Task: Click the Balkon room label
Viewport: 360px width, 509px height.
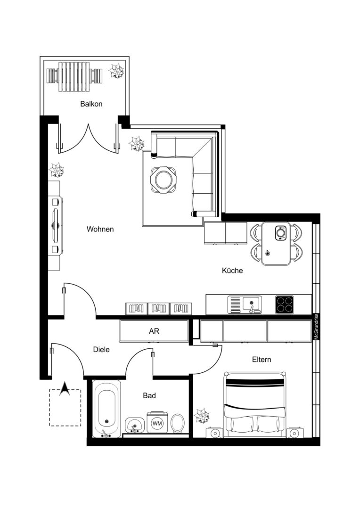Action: [91, 104]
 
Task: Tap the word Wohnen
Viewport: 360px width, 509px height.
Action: [100, 229]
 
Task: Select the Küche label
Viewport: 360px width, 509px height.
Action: [232, 271]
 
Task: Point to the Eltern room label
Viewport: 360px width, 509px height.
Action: [262, 359]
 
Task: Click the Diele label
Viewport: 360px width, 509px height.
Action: [101, 350]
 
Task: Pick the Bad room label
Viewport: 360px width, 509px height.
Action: [149, 395]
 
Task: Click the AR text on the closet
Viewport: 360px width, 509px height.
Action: [154, 331]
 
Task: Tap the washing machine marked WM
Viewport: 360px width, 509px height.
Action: [157, 423]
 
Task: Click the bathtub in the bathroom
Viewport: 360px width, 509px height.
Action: [106, 409]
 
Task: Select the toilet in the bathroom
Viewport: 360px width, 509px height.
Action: [177, 423]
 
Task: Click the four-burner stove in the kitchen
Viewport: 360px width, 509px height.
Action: [285, 305]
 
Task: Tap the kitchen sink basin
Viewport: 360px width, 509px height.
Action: [252, 304]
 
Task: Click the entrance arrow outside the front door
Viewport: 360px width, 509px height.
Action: [65, 389]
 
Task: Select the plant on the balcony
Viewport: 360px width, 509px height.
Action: [116, 70]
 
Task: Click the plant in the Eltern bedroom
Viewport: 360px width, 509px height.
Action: [202, 416]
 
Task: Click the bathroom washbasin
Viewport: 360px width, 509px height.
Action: [135, 425]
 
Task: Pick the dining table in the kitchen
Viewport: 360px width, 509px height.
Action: [276, 244]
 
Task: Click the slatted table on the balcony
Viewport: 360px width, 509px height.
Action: [74, 77]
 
